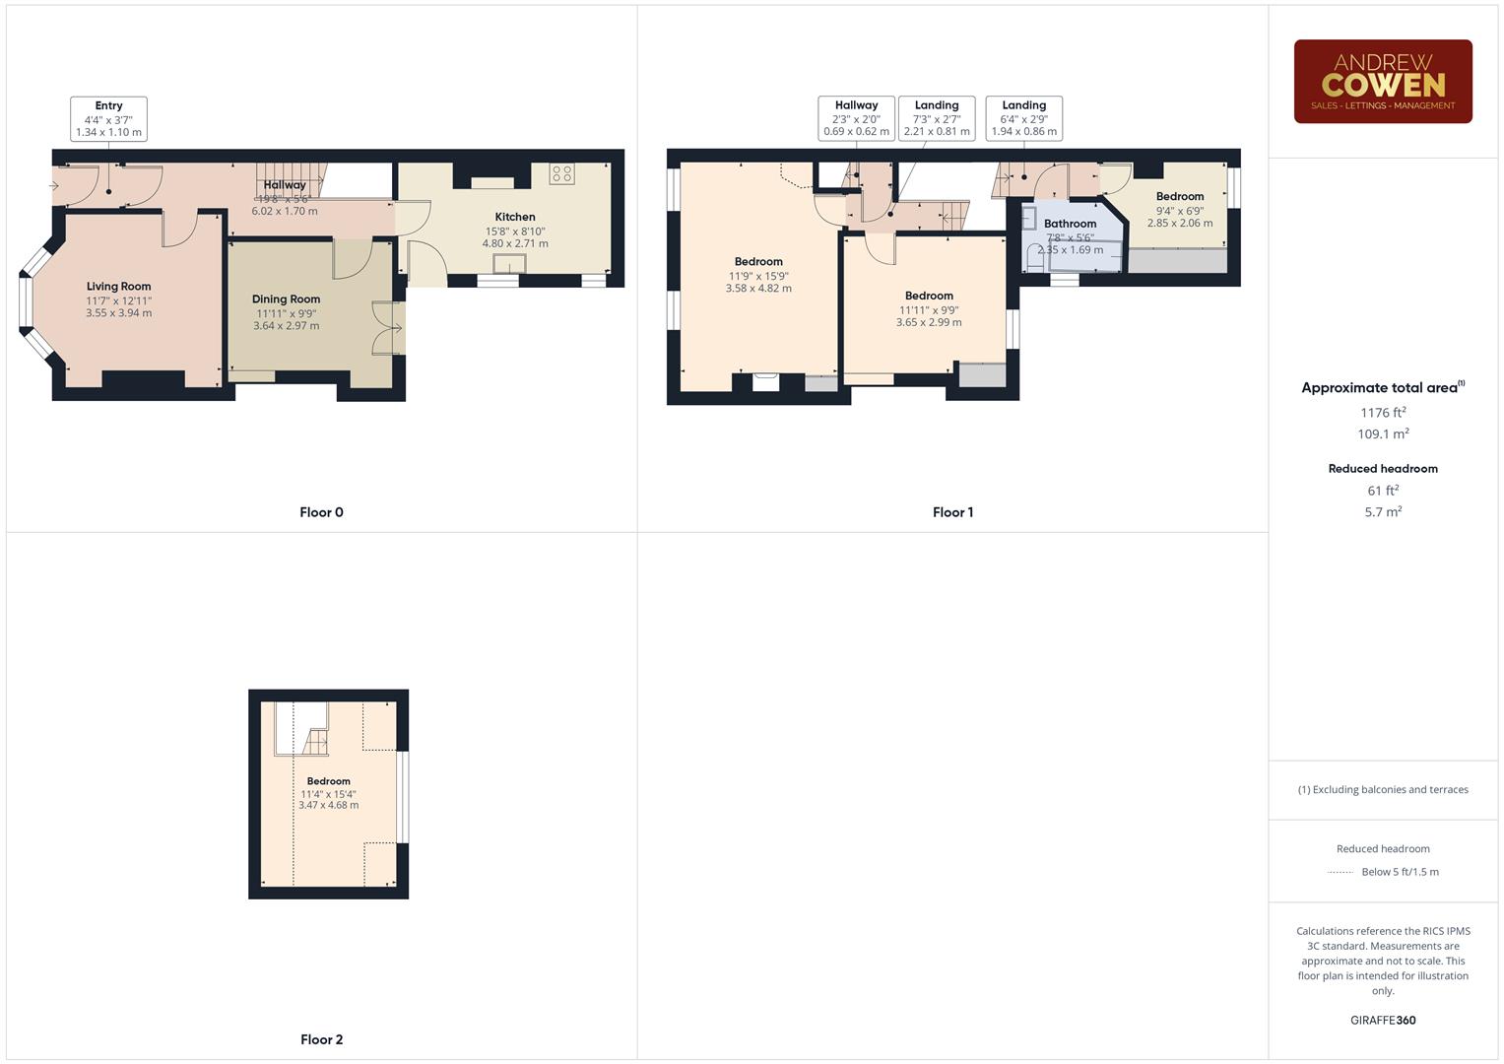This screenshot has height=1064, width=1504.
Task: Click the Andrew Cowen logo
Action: (x=1382, y=82)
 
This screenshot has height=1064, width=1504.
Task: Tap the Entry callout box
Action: (x=108, y=119)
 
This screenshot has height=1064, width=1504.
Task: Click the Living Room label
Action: (x=118, y=287)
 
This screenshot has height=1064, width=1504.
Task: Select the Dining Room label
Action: (x=286, y=299)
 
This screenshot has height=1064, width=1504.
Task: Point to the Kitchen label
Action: (x=515, y=217)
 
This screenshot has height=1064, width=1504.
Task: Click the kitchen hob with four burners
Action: (x=561, y=174)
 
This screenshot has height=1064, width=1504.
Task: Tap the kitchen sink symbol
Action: (x=509, y=263)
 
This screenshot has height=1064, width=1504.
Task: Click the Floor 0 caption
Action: (x=321, y=512)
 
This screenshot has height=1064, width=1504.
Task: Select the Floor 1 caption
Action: (x=952, y=512)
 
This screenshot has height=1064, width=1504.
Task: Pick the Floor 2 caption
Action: (x=321, y=1039)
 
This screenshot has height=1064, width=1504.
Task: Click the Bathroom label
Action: (x=1070, y=224)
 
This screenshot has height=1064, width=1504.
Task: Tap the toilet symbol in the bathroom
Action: (x=1034, y=258)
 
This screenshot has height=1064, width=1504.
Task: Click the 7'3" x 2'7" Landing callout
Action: (x=936, y=119)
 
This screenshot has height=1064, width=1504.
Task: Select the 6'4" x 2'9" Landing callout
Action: (x=1023, y=119)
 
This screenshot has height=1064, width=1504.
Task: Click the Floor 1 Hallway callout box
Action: (x=856, y=119)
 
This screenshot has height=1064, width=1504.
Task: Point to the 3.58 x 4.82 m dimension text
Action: (x=758, y=289)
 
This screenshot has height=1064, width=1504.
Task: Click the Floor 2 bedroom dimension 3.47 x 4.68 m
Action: (x=328, y=805)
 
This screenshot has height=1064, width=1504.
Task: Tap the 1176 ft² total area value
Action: (x=1382, y=413)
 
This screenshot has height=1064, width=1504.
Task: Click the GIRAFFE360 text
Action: (x=1382, y=1021)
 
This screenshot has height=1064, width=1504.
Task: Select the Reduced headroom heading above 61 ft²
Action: (x=1382, y=469)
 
